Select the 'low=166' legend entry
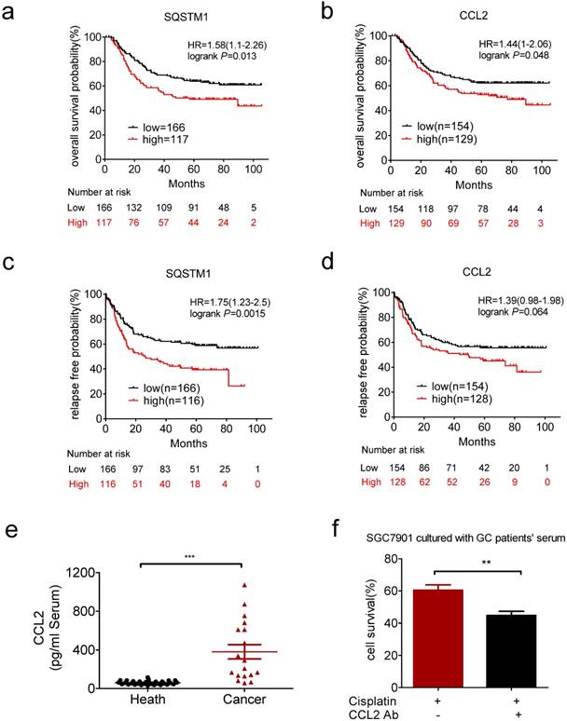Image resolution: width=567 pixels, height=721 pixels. pyautogui.click(x=163, y=122)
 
